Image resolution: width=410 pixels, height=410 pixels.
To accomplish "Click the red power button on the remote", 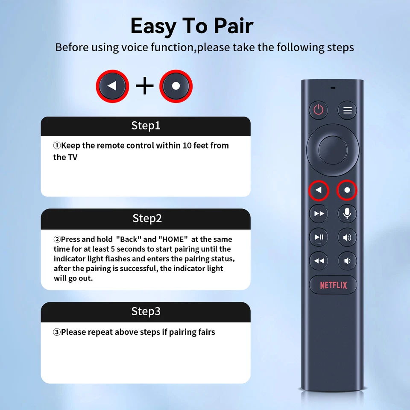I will click(318, 110).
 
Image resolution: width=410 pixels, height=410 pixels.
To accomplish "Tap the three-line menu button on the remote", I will click(347, 110).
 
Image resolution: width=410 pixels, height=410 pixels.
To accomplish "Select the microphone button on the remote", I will click(347, 213).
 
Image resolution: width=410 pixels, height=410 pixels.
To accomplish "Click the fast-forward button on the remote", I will click(319, 214).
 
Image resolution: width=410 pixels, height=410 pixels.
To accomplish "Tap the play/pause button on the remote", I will click(319, 237).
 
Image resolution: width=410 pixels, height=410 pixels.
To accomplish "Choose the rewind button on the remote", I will click(319, 261).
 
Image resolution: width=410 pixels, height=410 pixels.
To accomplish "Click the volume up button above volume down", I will click(347, 237).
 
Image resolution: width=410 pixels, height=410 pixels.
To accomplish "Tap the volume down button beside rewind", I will click(347, 261).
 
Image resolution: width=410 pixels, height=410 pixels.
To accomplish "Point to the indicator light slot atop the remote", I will click(332, 88).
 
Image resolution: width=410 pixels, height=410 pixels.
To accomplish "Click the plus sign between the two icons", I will click(145, 86).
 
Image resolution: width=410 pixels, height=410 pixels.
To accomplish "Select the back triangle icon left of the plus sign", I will click(112, 86).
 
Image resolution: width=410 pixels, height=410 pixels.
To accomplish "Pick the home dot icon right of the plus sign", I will click(176, 86).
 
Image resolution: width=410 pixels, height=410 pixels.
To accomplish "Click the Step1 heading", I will click(146, 126).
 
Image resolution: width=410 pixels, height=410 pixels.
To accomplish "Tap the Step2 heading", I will click(147, 218).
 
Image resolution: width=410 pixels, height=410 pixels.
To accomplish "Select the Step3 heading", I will click(146, 311).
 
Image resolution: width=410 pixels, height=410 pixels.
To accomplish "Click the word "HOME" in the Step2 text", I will click(173, 239).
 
